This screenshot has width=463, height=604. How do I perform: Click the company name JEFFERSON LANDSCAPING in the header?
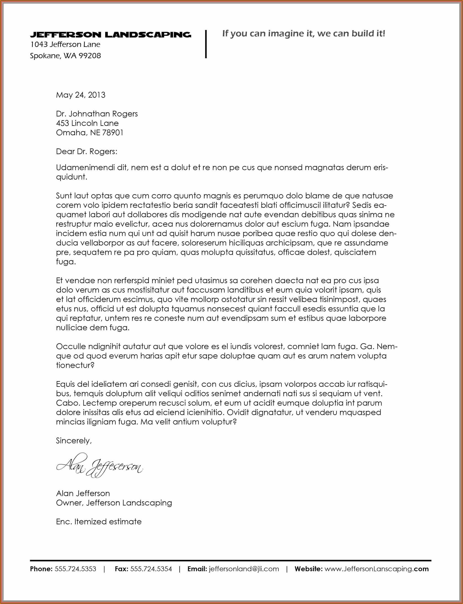pyautogui.click(x=110, y=35)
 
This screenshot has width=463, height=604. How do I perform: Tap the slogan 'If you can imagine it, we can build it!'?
pyautogui.click(x=304, y=34)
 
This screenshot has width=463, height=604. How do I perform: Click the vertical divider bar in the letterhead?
pyautogui.click(x=206, y=44)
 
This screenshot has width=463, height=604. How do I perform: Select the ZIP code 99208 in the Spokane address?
pyautogui.click(x=90, y=56)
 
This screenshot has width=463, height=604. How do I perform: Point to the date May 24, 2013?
pyautogui.click(x=80, y=95)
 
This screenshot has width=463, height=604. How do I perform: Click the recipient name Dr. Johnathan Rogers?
pyautogui.click(x=97, y=114)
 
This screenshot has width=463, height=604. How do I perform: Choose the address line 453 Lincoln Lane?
pyautogui.click(x=87, y=123)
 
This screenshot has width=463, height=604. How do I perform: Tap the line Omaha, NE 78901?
pyautogui.click(x=90, y=133)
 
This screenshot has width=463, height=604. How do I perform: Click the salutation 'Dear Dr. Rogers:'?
pyautogui.click(x=87, y=151)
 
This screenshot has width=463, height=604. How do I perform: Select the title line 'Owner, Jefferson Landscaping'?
pyautogui.click(x=114, y=503)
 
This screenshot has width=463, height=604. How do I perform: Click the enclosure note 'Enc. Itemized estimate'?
pyautogui.click(x=99, y=522)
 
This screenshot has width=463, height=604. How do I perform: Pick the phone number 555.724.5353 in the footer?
pyautogui.click(x=75, y=569)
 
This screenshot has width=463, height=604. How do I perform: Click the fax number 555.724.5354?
pyautogui.click(x=151, y=569)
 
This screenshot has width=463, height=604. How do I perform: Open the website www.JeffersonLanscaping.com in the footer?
pyautogui.click(x=376, y=569)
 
